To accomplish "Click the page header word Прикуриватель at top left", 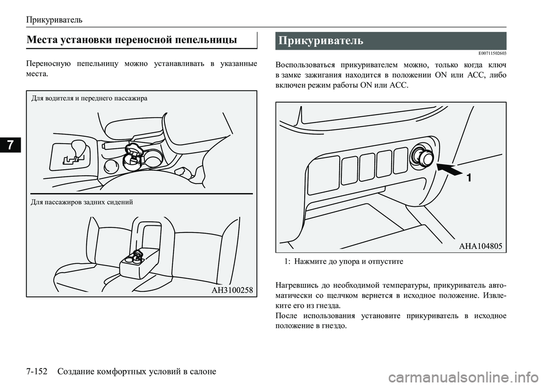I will tap(54, 19).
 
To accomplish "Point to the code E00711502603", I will tap(487, 54).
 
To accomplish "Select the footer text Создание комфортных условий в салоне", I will tap(137, 372).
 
